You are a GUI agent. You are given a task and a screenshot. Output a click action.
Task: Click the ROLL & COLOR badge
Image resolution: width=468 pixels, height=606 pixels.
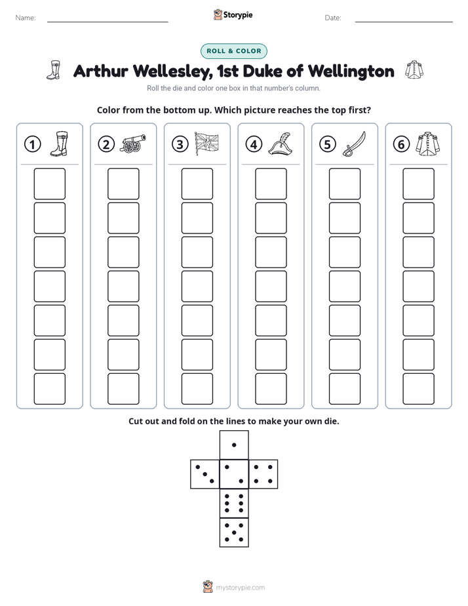pyautogui.click(x=233, y=51)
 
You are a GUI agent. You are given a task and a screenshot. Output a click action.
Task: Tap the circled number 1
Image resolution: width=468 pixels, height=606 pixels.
pyautogui.click(x=32, y=144)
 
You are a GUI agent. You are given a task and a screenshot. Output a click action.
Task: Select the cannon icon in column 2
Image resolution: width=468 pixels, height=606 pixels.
pyautogui.click(x=133, y=144)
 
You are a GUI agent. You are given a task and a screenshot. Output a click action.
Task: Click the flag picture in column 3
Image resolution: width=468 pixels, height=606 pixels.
pyautogui.click(x=206, y=144)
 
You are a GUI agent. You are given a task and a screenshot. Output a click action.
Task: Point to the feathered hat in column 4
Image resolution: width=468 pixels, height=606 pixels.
pyautogui.click(x=281, y=144)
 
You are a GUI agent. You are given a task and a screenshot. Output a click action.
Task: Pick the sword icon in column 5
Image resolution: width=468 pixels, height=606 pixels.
pyautogui.click(x=354, y=144)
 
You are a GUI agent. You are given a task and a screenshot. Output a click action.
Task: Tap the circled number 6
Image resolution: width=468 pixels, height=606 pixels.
pyautogui.click(x=401, y=144)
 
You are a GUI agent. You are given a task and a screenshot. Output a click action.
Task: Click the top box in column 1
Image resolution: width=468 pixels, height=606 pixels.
pyautogui.click(x=49, y=184)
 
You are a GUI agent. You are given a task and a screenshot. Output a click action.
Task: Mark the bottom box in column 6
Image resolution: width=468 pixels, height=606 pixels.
pyautogui.click(x=418, y=389)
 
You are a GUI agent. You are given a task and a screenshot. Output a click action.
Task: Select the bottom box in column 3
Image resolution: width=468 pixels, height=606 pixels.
pyautogui.click(x=197, y=389)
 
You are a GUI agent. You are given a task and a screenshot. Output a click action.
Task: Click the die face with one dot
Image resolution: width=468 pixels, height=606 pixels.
pyautogui.click(x=234, y=445)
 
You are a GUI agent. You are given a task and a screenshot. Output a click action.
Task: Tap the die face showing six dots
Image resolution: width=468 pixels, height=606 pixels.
pyautogui.click(x=234, y=503)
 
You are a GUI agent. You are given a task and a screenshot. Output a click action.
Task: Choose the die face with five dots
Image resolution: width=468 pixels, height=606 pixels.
pyautogui.click(x=234, y=533)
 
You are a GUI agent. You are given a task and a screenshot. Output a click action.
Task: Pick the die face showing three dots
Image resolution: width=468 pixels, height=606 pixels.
pyautogui.click(x=205, y=474)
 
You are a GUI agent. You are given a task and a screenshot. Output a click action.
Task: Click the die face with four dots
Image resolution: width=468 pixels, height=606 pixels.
pyautogui.click(x=263, y=474)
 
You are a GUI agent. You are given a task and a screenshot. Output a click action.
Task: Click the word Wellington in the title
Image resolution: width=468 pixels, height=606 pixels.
pyautogui.click(x=351, y=71)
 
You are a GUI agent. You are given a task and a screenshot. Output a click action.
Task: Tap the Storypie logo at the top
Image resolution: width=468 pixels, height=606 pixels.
pyautogui.click(x=233, y=14)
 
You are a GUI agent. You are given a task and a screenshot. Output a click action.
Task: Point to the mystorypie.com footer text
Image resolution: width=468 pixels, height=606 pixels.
pyautogui.click(x=240, y=588)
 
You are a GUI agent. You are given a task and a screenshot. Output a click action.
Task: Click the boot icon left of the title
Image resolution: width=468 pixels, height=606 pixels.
pyautogui.click(x=54, y=70)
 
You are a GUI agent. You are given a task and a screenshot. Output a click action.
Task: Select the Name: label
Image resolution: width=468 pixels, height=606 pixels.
pyautogui.click(x=26, y=18)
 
